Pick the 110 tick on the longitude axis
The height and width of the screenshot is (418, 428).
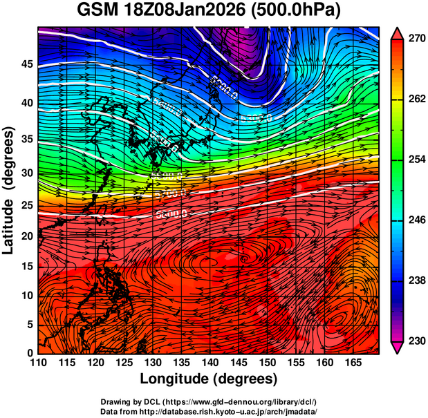click(38, 363)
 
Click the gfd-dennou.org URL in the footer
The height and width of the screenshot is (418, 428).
click(239, 402)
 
